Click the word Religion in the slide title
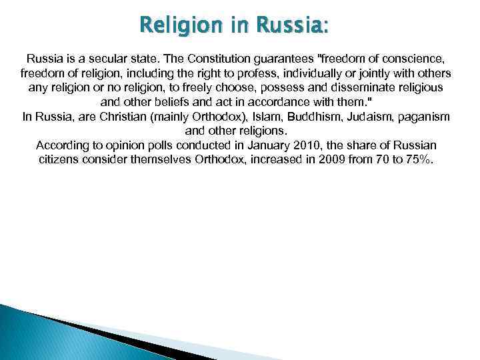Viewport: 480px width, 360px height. pos(175,26)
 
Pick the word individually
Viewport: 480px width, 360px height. pos(298,73)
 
